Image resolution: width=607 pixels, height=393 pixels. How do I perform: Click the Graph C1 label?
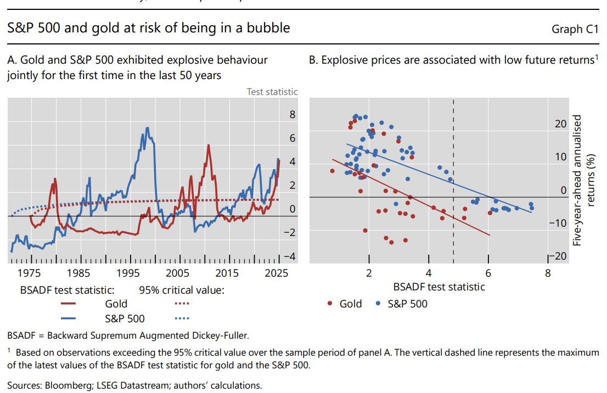click(x=575, y=29)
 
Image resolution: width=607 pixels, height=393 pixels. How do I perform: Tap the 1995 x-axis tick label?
click(x=128, y=273)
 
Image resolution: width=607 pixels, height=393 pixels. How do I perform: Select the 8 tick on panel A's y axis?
click(x=293, y=115)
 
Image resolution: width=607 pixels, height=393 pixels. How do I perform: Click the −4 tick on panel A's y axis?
click(x=289, y=256)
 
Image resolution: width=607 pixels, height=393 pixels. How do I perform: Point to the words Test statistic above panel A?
click(x=272, y=92)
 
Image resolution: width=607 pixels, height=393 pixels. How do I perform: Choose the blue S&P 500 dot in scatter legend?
click(x=378, y=303)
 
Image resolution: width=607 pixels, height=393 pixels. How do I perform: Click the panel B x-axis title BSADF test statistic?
click(x=439, y=287)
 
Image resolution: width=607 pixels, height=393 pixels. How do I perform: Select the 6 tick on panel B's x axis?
click(x=488, y=273)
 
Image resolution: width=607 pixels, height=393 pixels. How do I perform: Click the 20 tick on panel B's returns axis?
click(x=560, y=124)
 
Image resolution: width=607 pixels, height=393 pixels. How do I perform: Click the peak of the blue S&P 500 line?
click(x=147, y=128)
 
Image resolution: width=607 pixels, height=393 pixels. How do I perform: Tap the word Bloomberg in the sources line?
click(x=62, y=385)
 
